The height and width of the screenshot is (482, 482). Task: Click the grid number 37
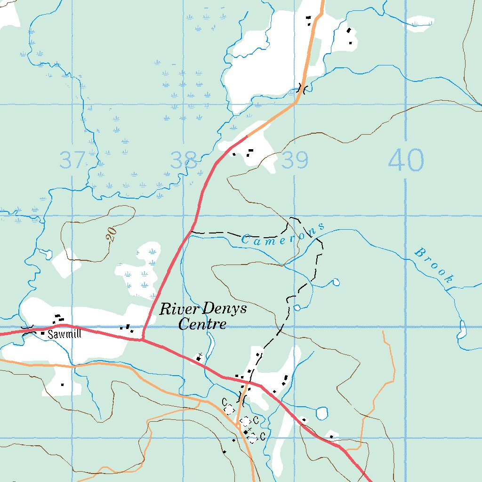(x=72, y=161)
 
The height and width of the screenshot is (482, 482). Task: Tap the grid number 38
(x=184, y=161)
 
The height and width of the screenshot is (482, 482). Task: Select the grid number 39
(x=295, y=161)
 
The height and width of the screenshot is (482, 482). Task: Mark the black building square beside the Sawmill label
(x=43, y=333)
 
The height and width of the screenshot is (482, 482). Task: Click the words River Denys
(x=203, y=309)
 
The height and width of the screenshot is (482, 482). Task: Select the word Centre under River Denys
(x=203, y=324)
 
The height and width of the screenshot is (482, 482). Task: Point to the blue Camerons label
(x=282, y=233)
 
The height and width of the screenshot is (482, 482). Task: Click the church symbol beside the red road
(x=200, y=357)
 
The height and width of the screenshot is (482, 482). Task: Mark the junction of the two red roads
(x=142, y=340)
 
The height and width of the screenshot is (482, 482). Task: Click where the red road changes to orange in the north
(x=247, y=137)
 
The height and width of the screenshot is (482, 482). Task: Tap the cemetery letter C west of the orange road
(x=225, y=401)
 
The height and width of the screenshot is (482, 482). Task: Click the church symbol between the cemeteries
(x=245, y=431)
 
